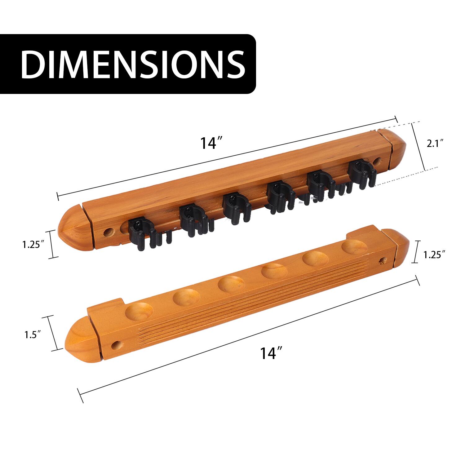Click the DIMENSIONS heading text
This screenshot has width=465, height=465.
[x=133, y=64]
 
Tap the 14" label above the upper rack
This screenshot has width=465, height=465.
[x=212, y=143]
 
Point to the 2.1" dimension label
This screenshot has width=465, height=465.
[x=435, y=144]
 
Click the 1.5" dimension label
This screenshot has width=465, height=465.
[x=32, y=334]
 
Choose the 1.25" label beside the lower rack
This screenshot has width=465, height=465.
[x=434, y=255]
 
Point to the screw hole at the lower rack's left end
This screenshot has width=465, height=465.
[x=117, y=344]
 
